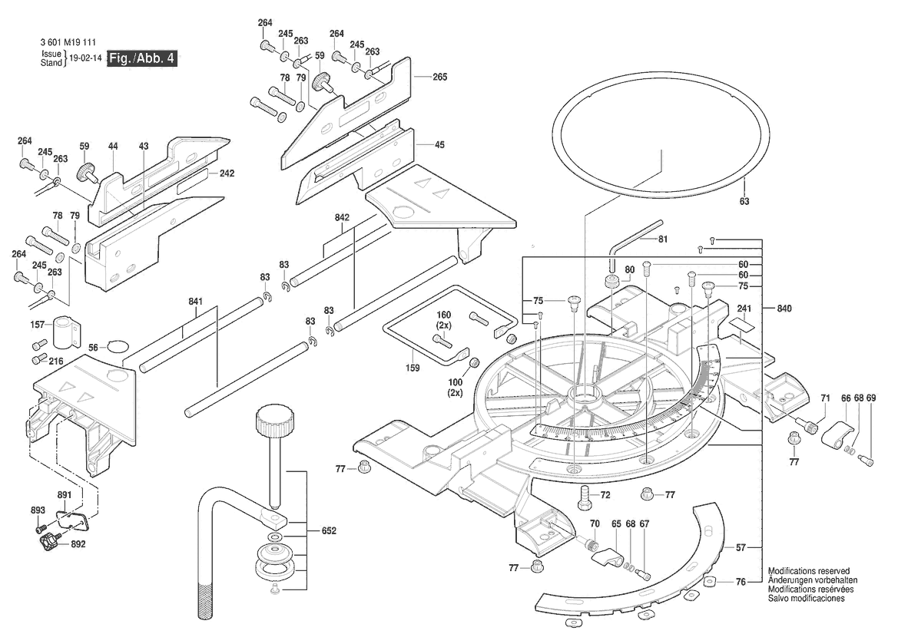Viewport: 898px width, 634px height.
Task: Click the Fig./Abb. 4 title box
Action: click(142, 58)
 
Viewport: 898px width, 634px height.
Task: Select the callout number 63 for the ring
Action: click(744, 201)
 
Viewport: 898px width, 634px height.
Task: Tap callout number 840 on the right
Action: click(784, 308)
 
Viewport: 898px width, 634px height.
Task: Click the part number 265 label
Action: click(439, 77)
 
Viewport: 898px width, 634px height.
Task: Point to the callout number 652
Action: click(329, 530)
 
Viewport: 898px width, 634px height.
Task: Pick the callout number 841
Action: click(194, 301)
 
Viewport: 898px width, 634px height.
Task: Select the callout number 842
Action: click(343, 218)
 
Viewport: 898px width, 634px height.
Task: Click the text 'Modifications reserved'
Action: click(808, 572)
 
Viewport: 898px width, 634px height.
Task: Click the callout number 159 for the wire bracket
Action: click(413, 368)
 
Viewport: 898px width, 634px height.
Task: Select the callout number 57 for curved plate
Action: click(741, 547)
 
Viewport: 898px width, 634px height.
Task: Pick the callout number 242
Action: click(227, 173)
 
